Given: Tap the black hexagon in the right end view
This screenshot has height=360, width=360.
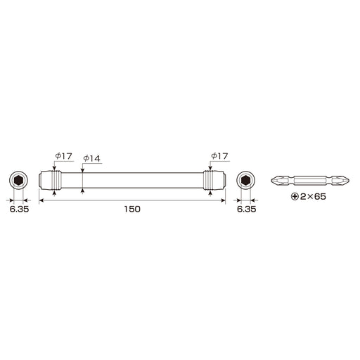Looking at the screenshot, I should [x=245, y=181].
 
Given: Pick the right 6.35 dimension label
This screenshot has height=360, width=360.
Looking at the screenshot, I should [x=245, y=210].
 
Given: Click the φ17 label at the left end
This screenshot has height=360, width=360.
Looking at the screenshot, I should [x=63, y=156].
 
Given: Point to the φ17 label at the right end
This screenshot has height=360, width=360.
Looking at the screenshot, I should [x=220, y=156].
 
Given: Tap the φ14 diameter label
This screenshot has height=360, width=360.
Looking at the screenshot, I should [x=92, y=159].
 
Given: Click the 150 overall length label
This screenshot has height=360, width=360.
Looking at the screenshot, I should [x=131, y=210].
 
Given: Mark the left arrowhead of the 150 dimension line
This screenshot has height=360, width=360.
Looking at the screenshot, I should [x=41, y=201].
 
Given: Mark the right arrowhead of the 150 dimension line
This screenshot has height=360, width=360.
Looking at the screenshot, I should [x=223, y=201].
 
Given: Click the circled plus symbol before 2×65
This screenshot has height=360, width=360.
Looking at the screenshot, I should [x=294, y=199].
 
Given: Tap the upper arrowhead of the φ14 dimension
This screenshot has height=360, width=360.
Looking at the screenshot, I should [x=83, y=171].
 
